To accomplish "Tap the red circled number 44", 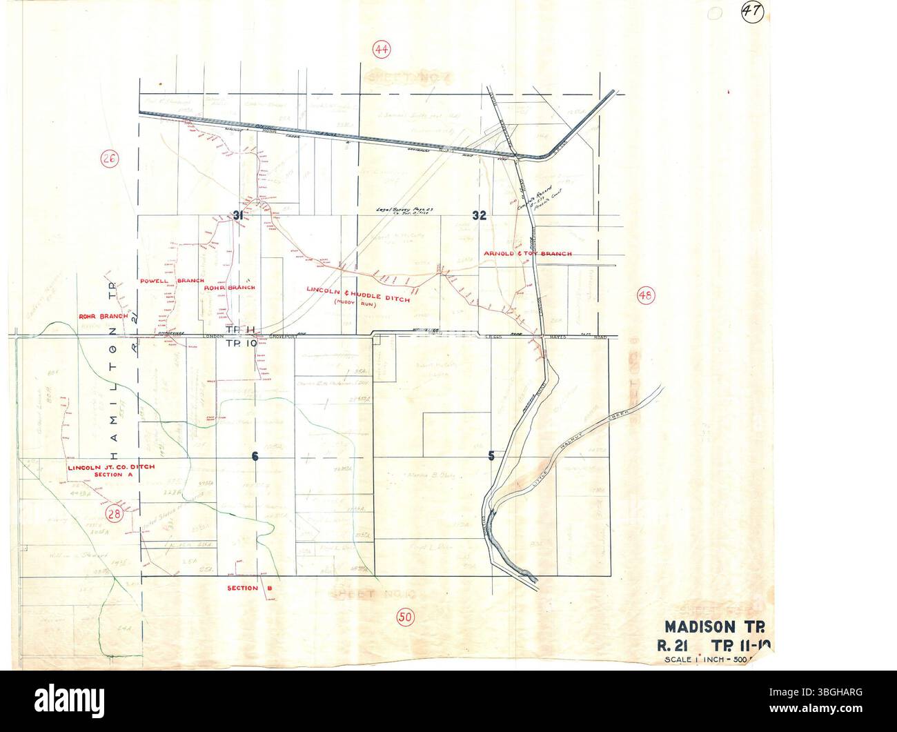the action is click(381, 49).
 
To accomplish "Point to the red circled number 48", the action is click(645, 296).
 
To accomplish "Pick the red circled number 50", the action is click(406, 617).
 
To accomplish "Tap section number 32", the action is click(480, 215).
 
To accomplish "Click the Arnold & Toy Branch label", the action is click(528, 254).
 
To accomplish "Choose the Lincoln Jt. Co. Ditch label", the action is click(111, 467).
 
